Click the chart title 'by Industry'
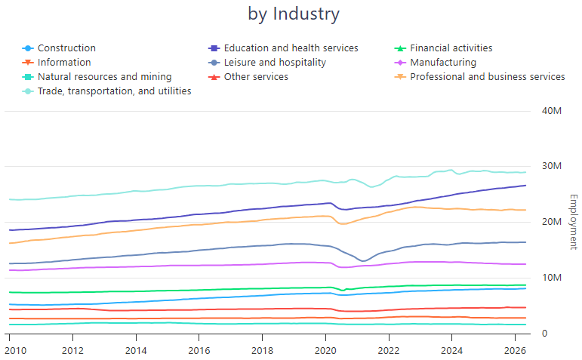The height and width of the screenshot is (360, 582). click(294, 14)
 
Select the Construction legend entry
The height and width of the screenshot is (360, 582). click(59, 48)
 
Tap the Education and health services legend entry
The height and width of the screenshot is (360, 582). click(283, 48)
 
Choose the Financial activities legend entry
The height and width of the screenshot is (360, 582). click(443, 48)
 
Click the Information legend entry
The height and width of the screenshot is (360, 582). click(57, 63)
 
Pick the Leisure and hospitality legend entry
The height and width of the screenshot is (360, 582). click(267, 63)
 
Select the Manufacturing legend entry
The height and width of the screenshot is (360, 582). click(435, 63)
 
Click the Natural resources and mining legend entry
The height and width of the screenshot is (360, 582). click(97, 77)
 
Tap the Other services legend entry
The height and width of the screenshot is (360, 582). click(248, 77)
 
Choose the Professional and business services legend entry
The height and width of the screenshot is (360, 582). click(479, 77)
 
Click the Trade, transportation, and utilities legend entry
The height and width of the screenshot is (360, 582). click(106, 91)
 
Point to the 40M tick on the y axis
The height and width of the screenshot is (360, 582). click(552, 111)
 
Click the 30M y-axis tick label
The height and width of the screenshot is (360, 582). click(552, 166)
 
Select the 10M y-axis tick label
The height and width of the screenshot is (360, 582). click(552, 278)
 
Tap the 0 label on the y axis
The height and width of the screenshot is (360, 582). click(544, 334)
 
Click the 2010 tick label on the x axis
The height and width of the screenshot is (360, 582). click(15, 351)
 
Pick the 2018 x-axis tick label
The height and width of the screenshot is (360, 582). click(263, 351)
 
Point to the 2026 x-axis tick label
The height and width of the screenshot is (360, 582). click(515, 351)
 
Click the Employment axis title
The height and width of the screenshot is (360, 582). click(574, 222)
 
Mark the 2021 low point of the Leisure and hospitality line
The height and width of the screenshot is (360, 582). click(363, 261)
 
